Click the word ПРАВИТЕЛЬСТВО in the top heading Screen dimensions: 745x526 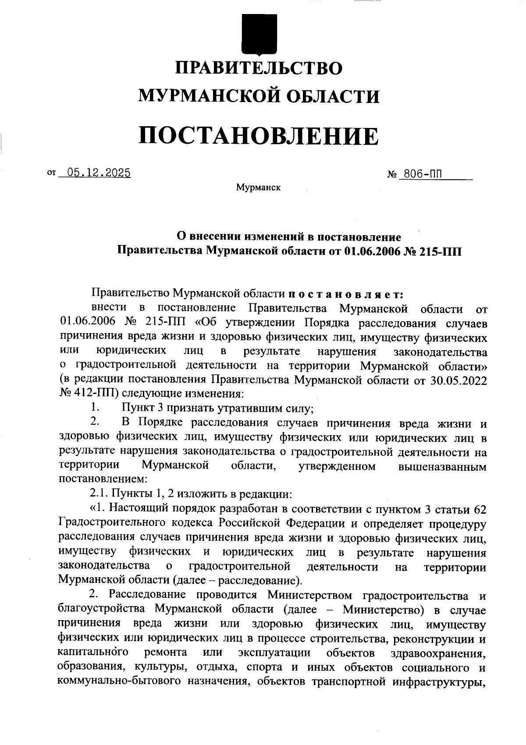(259, 68)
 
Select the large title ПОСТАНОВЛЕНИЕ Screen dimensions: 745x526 (259, 135)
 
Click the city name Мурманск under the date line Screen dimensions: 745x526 (258, 188)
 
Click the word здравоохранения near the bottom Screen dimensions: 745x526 (438, 653)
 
